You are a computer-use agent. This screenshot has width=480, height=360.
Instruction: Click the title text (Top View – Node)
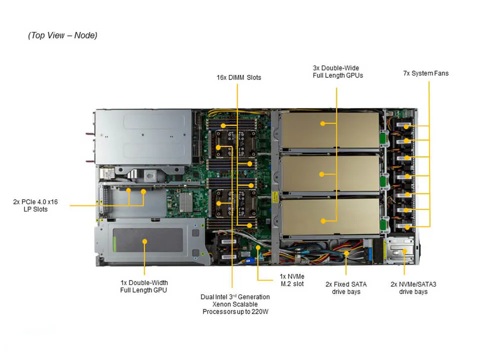[x=62, y=35]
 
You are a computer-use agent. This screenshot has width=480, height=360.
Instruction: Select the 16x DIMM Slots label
[x=238, y=77]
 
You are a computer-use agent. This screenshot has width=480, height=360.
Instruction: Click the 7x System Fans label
[x=425, y=73]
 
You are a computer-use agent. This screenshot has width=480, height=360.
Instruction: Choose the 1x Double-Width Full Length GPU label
[x=143, y=286]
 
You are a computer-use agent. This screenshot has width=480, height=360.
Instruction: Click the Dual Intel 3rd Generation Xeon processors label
[x=235, y=304]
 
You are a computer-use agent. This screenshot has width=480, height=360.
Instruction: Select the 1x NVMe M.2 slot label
[x=292, y=280]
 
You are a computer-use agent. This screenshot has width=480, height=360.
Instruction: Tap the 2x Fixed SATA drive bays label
[x=346, y=287]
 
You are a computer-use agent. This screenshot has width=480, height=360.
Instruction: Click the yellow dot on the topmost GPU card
[x=323, y=123]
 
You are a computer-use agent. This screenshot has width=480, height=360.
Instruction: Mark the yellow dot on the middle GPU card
[x=322, y=174]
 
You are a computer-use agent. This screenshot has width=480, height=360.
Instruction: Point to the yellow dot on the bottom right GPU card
[x=323, y=220]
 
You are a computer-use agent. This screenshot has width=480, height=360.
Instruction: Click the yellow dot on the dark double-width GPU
[x=144, y=241]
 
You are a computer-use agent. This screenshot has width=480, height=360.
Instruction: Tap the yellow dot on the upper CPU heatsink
[x=218, y=147]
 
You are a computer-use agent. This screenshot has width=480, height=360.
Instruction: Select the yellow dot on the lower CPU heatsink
[x=218, y=203]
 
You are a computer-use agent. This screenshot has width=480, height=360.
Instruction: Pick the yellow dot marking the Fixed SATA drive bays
[x=346, y=253]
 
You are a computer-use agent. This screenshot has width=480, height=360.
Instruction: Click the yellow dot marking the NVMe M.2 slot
[x=257, y=247]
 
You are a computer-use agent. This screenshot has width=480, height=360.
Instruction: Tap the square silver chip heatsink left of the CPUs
[x=185, y=201]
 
